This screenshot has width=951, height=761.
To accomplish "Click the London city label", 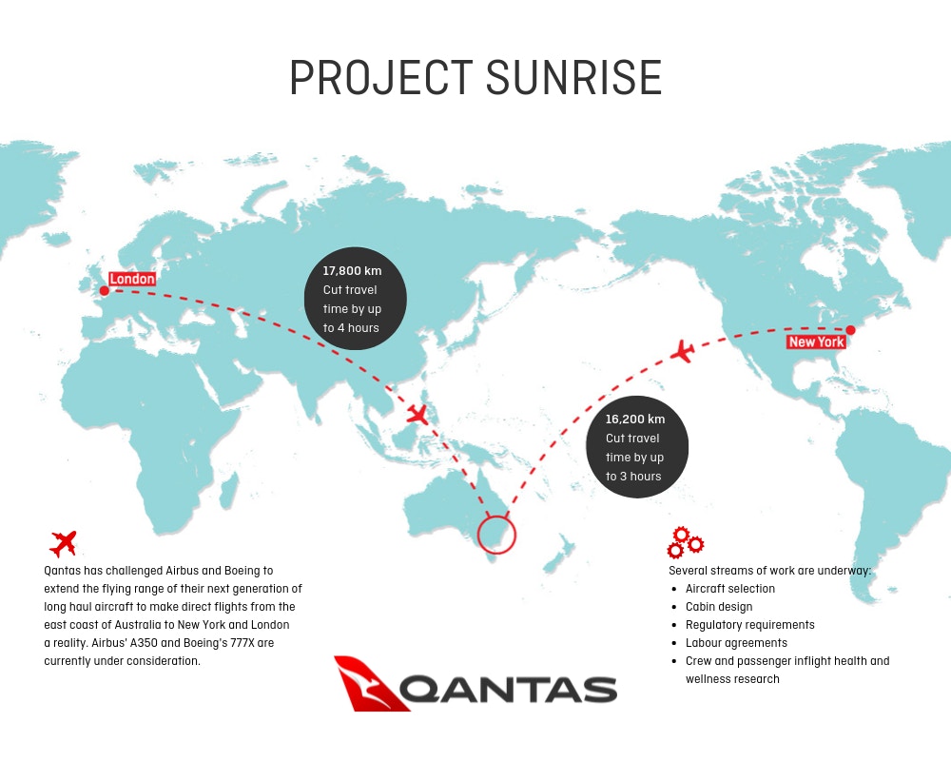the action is pos(132,279).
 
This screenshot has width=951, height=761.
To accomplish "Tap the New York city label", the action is pos(816,341).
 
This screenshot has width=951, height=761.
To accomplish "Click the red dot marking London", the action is pos(105,291).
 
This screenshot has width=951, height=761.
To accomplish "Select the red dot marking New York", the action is pos(850,330).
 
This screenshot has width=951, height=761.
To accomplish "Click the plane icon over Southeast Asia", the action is pos(417,415).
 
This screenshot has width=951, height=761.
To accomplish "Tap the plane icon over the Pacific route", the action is pos(683,351).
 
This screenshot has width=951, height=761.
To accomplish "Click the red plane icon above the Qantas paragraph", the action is pos(64,543).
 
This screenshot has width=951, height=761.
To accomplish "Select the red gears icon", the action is pos(685,542).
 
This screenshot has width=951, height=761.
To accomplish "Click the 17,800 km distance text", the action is pos(352,271).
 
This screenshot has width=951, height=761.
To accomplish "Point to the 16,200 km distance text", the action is pos(635,420).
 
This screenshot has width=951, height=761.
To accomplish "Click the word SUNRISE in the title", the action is pos(573,78).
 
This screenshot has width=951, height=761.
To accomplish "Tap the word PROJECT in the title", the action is pos(381,78).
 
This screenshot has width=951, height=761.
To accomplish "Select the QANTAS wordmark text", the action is pos(508,690).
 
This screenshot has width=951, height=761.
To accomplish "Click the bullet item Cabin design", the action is pos(719,607).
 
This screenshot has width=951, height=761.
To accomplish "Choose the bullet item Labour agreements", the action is pos(736,643).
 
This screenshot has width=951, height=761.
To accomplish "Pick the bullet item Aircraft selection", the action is pos(730,589).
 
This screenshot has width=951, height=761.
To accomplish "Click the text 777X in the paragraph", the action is pos(242,643).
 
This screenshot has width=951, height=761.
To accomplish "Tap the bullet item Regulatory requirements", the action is pos(749,625).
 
